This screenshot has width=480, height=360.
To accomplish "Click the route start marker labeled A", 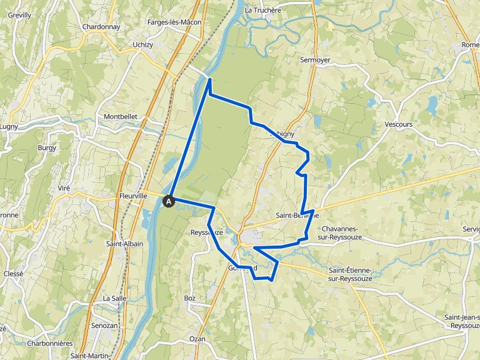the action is coord(168,201).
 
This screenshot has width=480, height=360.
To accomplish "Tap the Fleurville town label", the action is coord(133,196).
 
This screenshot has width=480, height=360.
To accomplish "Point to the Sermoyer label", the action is coord(315,60).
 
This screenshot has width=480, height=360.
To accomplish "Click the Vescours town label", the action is coord(399,124).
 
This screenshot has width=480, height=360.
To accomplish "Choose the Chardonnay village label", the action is coord(101,27).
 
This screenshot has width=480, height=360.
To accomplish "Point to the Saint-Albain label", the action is coord(124,244).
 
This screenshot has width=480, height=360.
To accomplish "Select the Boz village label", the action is coord(190,298).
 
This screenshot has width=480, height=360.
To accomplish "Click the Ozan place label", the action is coord(197,338).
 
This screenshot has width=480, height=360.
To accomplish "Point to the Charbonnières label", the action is coord(50,344).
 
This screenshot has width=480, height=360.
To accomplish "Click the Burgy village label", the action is coord(47,148).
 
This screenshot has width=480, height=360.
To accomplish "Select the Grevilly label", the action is coord(19,14).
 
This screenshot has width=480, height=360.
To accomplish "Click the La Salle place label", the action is coord(114,298).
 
